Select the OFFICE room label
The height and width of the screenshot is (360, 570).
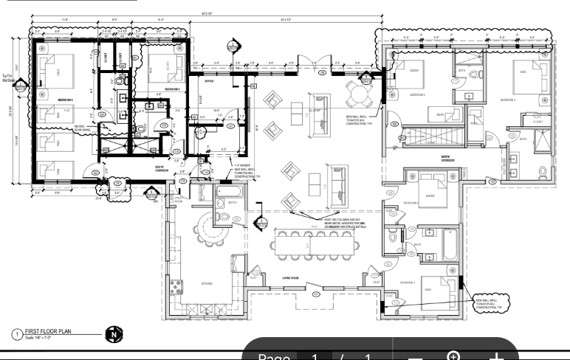(x=209, y=82)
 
